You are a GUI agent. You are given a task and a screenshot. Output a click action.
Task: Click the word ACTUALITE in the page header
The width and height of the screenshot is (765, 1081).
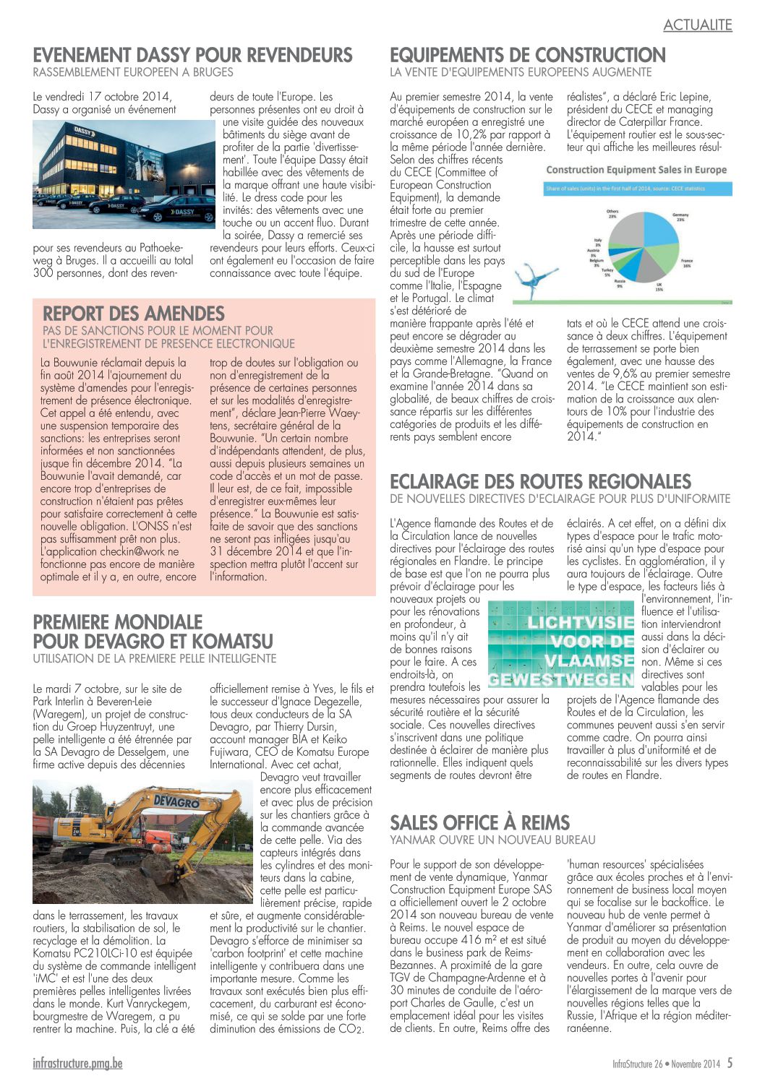click(x=697, y=25)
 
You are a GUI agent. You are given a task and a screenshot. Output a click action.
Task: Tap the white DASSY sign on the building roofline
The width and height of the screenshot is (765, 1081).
click(x=83, y=132)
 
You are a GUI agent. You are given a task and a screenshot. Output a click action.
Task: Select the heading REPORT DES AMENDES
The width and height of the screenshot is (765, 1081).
click(x=134, y=314)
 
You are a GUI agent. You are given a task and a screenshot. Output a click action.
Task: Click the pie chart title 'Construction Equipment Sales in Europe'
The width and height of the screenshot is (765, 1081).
click(x=636, y=170)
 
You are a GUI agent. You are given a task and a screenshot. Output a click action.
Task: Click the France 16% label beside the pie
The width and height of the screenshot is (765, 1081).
click(x=686, y=262)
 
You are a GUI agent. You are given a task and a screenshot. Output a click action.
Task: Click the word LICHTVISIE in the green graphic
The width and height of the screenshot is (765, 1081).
click(x=580, y=622)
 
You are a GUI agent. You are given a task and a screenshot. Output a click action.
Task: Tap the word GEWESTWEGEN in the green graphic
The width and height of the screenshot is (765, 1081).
click(x=561, y=680)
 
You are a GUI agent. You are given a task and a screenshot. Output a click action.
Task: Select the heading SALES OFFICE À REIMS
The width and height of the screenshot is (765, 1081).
click(x=479, y=822)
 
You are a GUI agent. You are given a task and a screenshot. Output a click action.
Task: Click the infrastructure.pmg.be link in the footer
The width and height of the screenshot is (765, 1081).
click(x=77, y=1064)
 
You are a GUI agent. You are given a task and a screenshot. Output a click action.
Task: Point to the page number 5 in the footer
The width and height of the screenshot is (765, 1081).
click(x=730, y=1063)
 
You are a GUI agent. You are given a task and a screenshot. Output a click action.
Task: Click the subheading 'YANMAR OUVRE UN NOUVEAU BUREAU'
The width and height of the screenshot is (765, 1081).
click(x=492, y=840)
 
